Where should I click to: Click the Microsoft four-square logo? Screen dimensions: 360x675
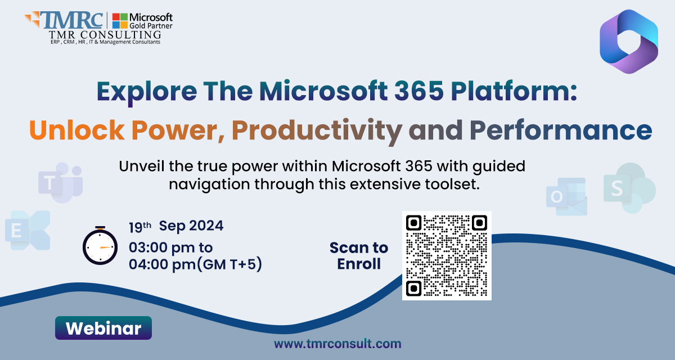(x=119, y=20)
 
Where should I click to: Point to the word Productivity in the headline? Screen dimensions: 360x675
(x=317, y=130)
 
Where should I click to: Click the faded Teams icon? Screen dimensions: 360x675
(x=60, y=183)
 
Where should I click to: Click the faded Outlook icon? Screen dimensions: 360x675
(x=566, y=197)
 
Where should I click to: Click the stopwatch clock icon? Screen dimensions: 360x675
(x=100, y=246)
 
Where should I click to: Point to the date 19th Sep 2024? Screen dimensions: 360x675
(x=176, y=226)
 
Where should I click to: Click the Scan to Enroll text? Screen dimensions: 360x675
(x=359, y=256)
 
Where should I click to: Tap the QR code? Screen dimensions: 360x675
(x=447, y=255)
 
